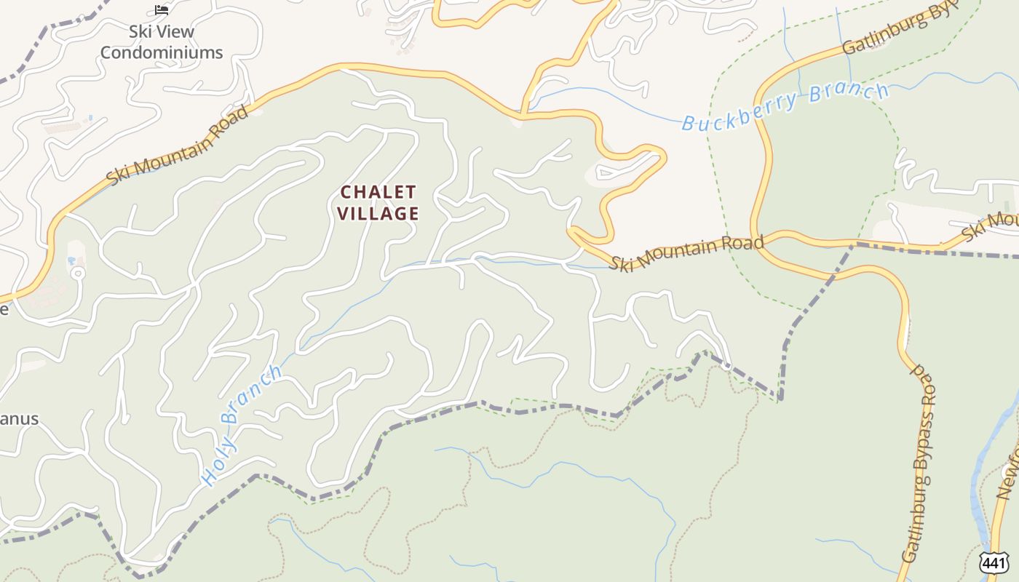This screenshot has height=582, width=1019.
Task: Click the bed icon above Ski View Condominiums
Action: click(162, 10)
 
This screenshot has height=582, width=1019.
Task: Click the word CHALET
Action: click(378, 192)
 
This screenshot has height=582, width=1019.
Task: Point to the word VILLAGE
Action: click(380, 213)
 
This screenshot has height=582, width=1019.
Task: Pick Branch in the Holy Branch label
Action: click(251, 395)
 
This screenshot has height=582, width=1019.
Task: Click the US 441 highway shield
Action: click(994, 562)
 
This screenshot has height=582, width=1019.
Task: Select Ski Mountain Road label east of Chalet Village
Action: click(686, 252)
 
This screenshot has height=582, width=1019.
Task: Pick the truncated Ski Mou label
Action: click(991, 224)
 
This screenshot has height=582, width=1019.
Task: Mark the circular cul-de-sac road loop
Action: click(77, 274)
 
